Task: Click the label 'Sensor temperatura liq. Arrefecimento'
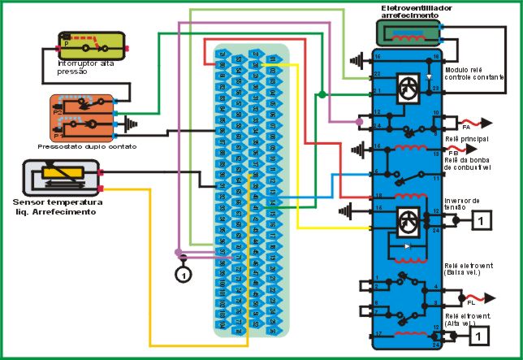(57, 206)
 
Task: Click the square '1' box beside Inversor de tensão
(482, 219)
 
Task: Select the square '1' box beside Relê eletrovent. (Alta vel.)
(482, 334)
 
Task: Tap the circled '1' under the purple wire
(184, 274)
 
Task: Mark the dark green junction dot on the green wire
(323, 95)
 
